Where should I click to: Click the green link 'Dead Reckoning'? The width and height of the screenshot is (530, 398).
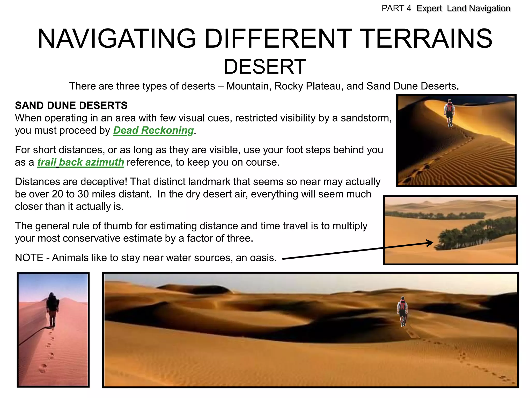[x=153, y=130]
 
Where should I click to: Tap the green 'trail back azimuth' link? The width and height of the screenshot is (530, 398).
[x=80, y=162]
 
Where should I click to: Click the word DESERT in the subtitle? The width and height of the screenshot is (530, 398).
[x=265, y=67]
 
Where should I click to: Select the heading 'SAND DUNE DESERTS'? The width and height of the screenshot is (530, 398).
[x=71, y=105]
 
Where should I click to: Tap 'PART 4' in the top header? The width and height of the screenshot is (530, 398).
[x=396, y=9]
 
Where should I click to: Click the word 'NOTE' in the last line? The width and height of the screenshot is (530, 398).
[x=29, y=258]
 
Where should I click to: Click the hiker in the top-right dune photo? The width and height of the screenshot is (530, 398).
[x=450, y=113]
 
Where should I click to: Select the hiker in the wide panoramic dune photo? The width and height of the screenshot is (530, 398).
[x=402, y=311]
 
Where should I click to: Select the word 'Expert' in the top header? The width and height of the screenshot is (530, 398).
[x=429, y=9]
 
